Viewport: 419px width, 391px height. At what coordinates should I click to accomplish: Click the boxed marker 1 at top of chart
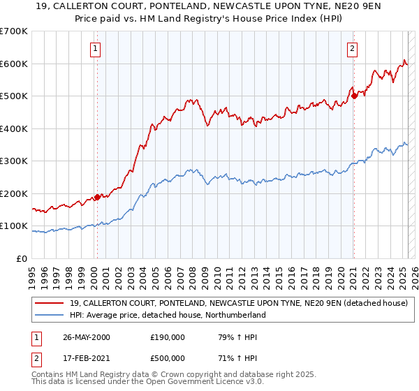pos(94,48)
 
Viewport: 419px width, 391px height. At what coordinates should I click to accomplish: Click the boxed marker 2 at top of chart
pos(352,48)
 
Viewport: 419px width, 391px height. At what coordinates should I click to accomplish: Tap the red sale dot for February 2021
pos(354,96)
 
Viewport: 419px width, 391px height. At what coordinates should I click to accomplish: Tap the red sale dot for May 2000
pos(98,197)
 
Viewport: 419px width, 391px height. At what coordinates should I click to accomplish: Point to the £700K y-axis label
pos(13,31)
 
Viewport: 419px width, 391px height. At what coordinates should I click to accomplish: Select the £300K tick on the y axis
pos(13,161)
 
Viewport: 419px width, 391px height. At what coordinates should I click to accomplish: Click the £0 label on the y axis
pos(22,258)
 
